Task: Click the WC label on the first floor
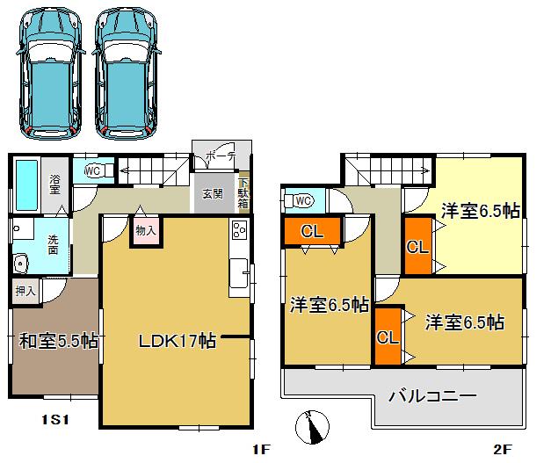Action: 92,170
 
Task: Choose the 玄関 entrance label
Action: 212,193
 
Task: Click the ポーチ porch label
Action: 220,158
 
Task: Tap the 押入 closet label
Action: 25,290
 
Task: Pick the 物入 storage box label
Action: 146,231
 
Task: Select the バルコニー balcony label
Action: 434,396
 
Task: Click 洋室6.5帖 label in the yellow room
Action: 480,211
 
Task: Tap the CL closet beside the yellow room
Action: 417,246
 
